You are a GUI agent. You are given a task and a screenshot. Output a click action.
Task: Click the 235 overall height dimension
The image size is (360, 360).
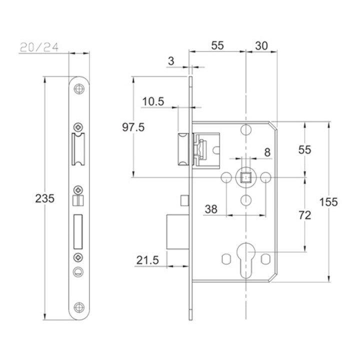click(44, 198)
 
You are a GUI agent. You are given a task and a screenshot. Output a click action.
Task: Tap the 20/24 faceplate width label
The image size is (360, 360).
click(39, 47)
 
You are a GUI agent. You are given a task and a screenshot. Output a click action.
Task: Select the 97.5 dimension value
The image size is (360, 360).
click(133, 127)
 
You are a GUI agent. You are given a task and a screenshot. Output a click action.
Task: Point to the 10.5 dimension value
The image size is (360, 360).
click(153, 101)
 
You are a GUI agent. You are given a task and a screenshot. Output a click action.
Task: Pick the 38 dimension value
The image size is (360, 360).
click(211, 209)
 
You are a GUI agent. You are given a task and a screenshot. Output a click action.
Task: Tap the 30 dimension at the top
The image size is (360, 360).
click(261, 45)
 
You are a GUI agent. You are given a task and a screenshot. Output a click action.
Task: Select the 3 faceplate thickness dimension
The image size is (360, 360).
click(171, 61)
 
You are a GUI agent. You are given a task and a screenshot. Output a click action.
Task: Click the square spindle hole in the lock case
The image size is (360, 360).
click(245, 177)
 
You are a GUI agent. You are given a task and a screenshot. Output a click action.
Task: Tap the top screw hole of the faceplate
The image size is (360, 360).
click(78, 89)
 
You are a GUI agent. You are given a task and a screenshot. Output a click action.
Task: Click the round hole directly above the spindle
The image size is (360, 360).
click(245, 130)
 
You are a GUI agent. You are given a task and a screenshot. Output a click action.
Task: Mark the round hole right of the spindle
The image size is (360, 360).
click(265, 177)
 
